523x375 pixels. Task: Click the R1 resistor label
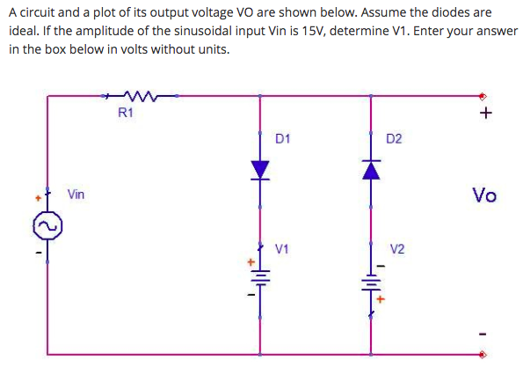125,112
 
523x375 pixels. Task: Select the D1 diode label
283,139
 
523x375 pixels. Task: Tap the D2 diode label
394,139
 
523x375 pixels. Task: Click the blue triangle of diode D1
260,170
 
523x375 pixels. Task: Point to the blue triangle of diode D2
370,170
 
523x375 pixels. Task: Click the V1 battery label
283,248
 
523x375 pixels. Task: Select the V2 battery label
396,248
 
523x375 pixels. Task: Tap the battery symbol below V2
370,283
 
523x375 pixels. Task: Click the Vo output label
483,195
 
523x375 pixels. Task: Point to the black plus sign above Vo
486,114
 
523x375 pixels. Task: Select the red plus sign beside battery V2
381,299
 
